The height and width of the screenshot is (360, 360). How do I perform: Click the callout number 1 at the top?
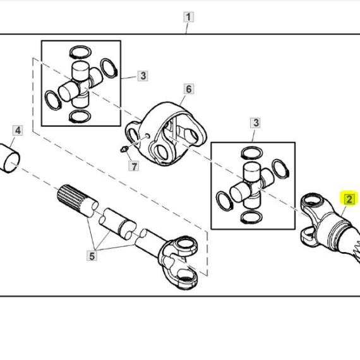pyautogui.click(x=188, y=17)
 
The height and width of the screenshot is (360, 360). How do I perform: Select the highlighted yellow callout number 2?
pyautogui.click(x=349, y=199)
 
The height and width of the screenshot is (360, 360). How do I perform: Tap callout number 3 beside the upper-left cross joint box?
pyautogui.click(x=143, y=76)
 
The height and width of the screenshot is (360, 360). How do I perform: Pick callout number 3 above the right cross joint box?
pyautogui.click(x=256, y=123)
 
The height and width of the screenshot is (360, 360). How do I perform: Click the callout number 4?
pyautogui.click(x=18, y=130)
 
